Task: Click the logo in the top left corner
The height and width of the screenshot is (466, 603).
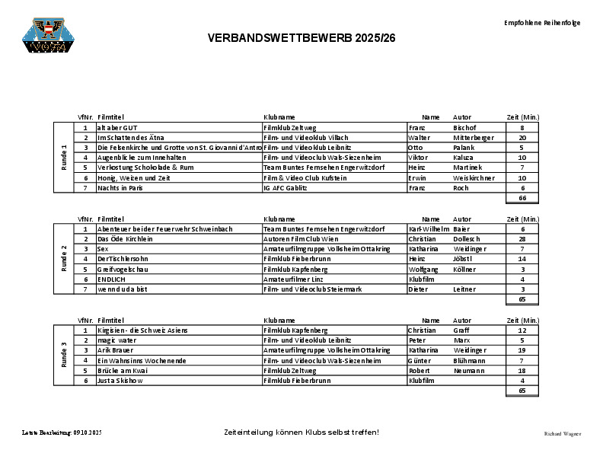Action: pos(47,37)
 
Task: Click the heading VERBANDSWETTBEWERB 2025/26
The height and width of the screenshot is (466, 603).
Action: pos(301,38)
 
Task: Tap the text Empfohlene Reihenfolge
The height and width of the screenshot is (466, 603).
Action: pos(542,23)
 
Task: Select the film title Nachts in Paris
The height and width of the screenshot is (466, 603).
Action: pos(120,187)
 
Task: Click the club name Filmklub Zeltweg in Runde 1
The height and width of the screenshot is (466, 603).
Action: pos(289,128)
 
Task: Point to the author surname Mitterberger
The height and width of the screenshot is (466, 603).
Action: pos(474,138)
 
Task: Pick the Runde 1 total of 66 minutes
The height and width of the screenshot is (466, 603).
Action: pos(522,198)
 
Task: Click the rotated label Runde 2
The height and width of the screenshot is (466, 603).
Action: pos(64,259)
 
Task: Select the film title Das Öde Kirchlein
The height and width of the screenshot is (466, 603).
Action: pos(126,239)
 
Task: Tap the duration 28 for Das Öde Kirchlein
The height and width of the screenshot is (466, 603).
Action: pos(522,239)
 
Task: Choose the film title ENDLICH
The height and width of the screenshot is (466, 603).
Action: pos(111,279)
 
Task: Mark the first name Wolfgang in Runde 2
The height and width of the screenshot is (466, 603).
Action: pos(424,270)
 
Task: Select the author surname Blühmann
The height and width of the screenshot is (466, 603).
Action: pos(470,360)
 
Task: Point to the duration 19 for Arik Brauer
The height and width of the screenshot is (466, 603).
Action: pos(522,350)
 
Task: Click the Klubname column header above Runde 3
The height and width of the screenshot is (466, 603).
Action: pos(279,321)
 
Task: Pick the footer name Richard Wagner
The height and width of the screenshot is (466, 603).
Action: pos(562,433)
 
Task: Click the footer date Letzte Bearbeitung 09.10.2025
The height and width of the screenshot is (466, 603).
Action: pos(62,432)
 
